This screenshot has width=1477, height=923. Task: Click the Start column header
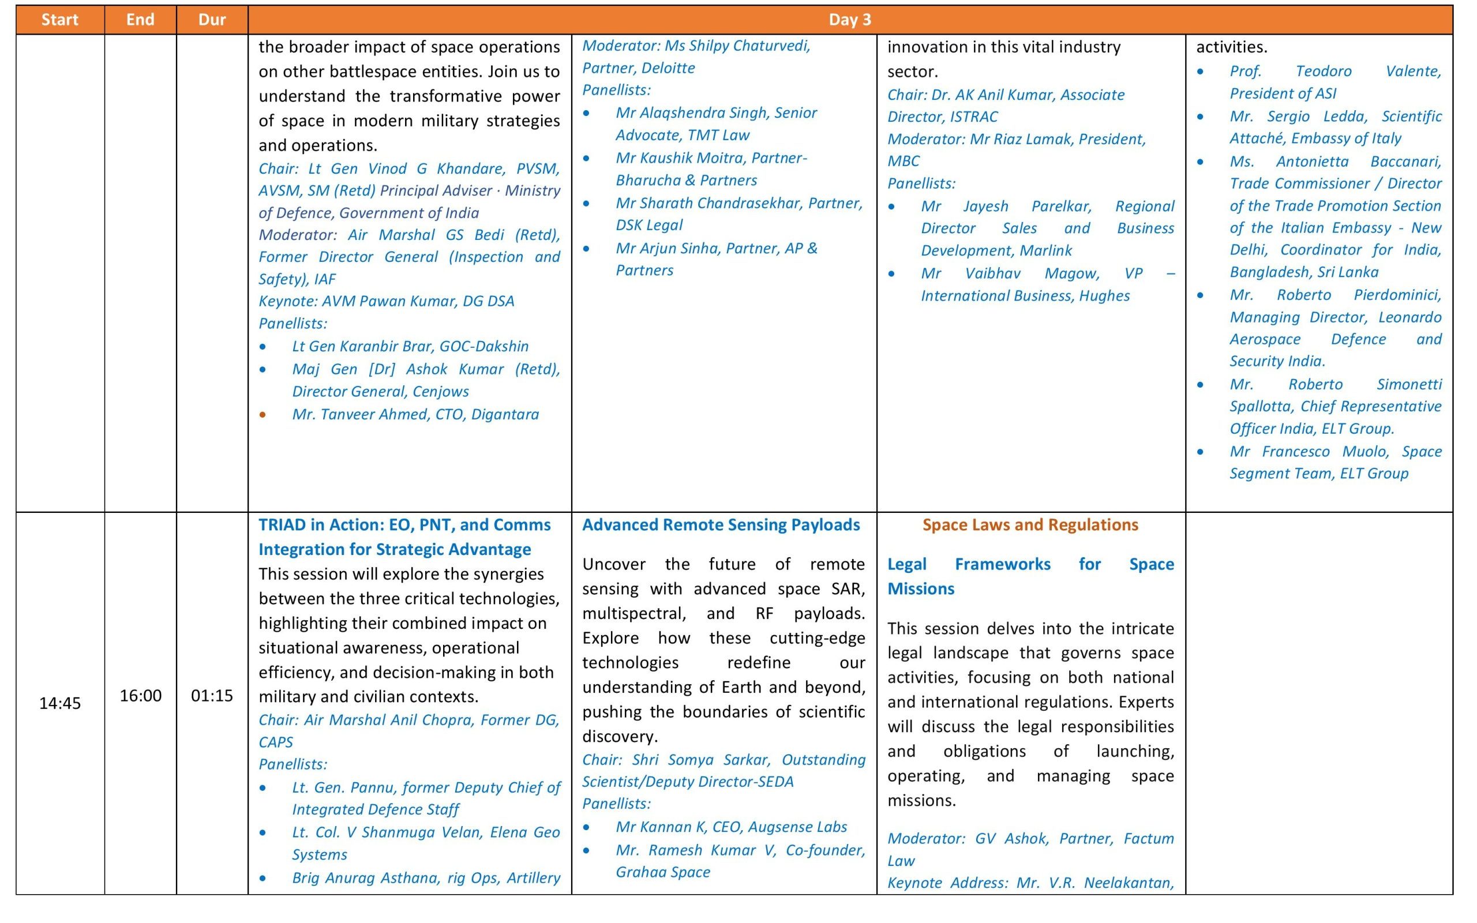pos(60,20)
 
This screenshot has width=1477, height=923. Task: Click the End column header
pos(140,20)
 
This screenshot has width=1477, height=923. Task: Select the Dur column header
pos(212,20)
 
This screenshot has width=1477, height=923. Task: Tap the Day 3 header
pos(850,20)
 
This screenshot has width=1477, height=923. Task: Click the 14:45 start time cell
pos(60,703)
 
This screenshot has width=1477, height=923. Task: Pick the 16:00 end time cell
pos(140,695)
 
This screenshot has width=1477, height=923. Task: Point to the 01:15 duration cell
pos(212,695)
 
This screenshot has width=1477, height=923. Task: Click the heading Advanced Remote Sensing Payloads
pos(721,525)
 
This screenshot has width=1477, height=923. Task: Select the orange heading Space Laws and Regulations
pos(1030,525)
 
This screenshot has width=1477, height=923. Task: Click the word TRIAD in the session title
pos(283,525)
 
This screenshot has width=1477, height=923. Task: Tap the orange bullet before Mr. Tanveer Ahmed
pos(263,415)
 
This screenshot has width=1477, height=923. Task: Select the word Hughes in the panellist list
pos(1104,296)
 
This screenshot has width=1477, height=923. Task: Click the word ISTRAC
pos(974,117)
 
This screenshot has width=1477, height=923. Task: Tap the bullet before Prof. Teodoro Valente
pos(1201,72)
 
